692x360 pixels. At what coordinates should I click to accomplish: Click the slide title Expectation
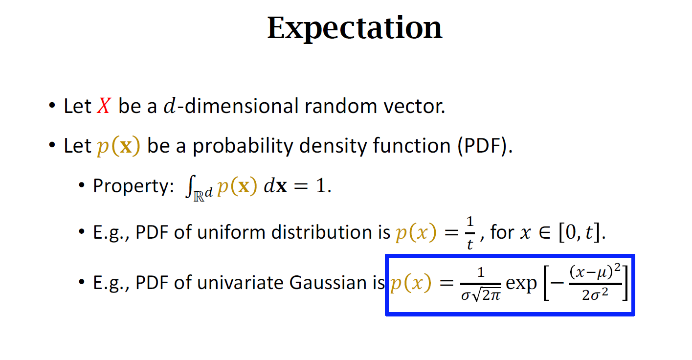355,28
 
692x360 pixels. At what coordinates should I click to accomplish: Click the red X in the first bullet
104,106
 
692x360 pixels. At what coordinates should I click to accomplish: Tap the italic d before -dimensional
170,106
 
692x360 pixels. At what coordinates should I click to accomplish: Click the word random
341,106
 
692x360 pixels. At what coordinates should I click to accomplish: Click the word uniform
231,232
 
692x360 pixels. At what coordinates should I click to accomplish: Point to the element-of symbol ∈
545,233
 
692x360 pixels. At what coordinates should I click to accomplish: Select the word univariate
241,282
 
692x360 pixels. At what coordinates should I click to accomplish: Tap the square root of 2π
487,295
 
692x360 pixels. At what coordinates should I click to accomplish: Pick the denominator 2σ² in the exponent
595,294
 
